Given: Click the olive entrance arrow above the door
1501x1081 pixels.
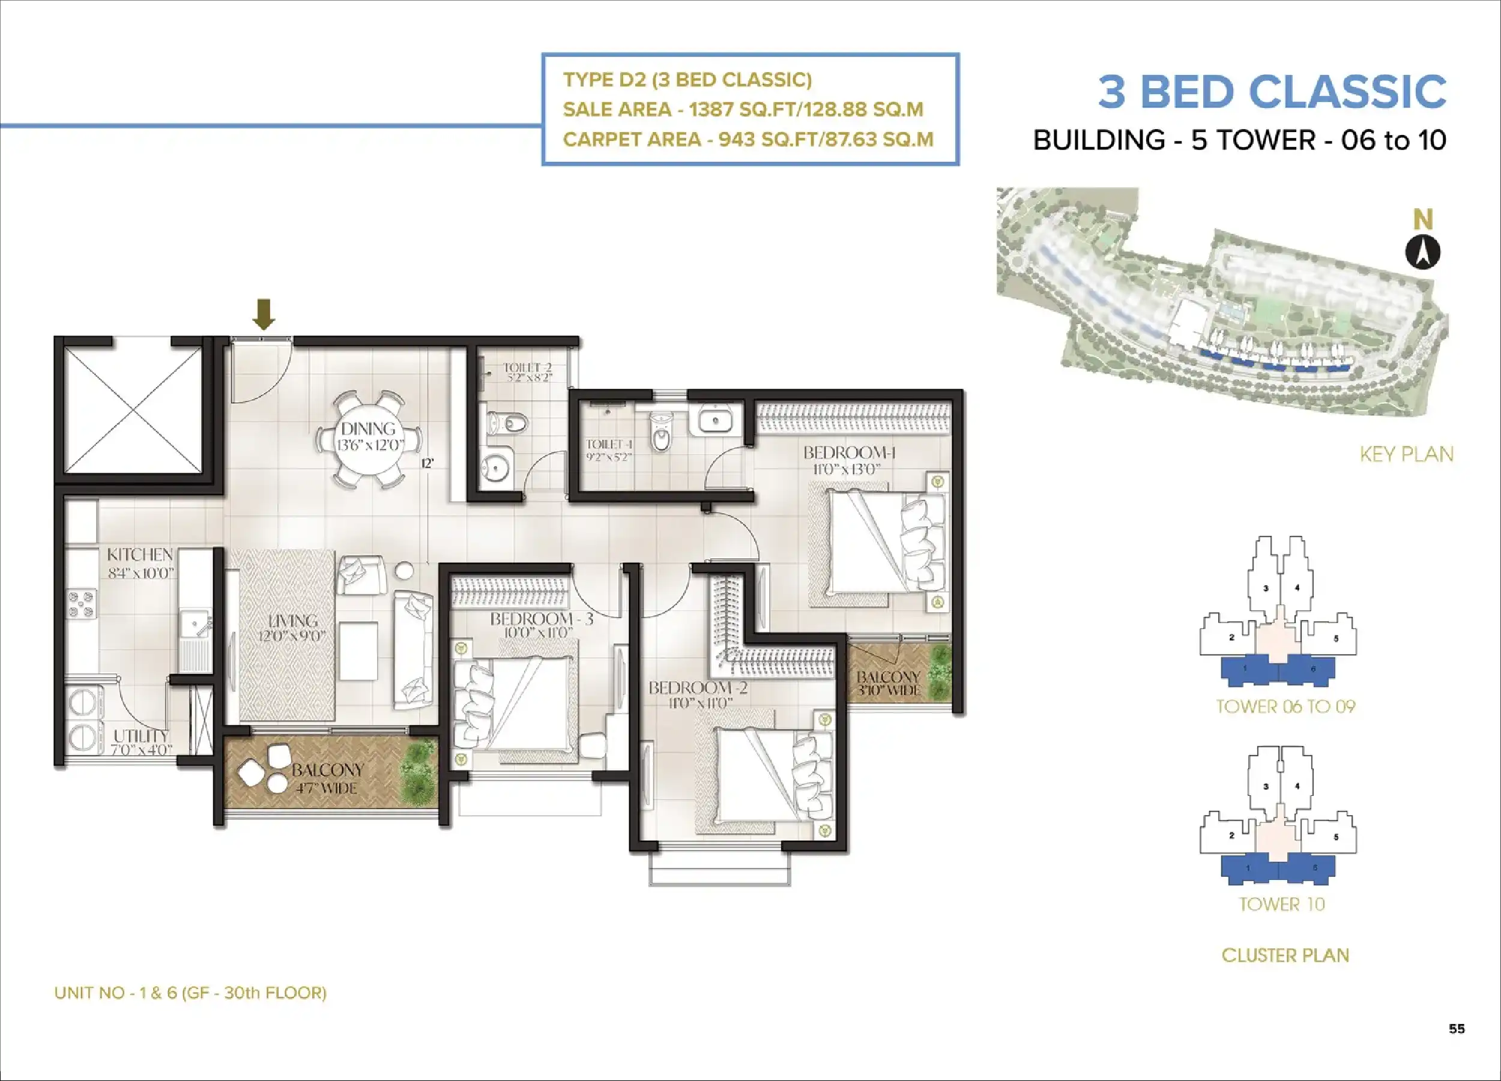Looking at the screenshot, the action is (264, 313).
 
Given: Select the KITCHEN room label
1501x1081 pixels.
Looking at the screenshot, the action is (140, 555).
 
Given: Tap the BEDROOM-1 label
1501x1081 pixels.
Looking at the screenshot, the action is (849, 453).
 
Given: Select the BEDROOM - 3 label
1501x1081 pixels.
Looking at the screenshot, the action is (542, 619).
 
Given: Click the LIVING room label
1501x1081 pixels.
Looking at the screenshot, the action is (293, 621).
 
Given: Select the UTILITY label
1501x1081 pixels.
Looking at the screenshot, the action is (141, 736).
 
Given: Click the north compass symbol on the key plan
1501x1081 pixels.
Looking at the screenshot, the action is (1423, 252).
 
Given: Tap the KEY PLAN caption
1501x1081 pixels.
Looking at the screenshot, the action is (1406, 454).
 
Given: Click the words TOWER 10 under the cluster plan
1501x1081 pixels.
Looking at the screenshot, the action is (1282, 904).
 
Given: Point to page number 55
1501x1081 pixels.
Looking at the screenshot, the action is (1457, 1028).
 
